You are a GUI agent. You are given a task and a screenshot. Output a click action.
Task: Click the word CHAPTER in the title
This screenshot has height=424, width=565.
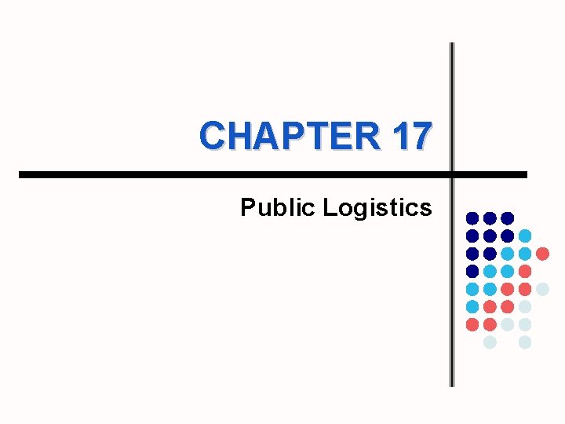pos(290,135)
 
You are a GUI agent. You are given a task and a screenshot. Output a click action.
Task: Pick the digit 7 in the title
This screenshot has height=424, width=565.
pos(421,135)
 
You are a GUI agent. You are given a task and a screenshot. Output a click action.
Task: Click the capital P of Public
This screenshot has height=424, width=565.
pos(247,207)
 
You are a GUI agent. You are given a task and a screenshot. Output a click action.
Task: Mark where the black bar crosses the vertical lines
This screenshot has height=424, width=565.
pos(452,174)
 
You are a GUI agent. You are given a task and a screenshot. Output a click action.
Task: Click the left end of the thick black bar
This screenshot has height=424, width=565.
pos(21,174)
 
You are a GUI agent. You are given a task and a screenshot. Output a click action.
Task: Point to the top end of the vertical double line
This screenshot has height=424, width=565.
pos(452,45)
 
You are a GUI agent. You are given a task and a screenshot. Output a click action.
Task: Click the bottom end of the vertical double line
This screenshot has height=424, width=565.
pos(452,385)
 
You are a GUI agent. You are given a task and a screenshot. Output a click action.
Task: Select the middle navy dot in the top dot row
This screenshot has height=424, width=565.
pos(490,217)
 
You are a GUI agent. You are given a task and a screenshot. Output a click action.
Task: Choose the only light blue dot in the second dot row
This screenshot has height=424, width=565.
pos(525,235)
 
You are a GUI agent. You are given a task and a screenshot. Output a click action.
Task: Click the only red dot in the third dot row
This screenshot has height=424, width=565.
pos(542,253)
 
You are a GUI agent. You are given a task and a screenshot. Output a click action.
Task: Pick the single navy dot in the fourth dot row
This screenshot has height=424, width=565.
pos(472,271)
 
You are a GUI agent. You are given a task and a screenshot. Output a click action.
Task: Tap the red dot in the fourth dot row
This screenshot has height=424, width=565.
pos(525,271)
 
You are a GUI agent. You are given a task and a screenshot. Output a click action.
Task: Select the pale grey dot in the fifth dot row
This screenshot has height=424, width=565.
pos(542,289)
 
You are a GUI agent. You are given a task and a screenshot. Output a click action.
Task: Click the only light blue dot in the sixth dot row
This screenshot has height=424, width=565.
pos(472,306)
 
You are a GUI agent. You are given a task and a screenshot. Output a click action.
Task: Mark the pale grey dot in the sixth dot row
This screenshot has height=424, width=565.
pos(525,306)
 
